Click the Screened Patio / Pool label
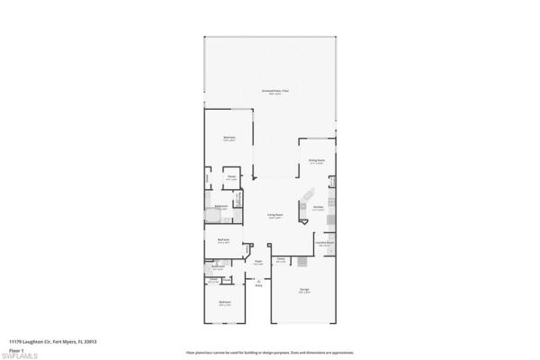274,93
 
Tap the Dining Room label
316,162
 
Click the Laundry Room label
325,242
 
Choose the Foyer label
257,262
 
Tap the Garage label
305,289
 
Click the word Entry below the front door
258,286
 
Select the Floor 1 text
17,347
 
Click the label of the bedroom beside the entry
224,301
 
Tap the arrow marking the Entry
258,280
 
